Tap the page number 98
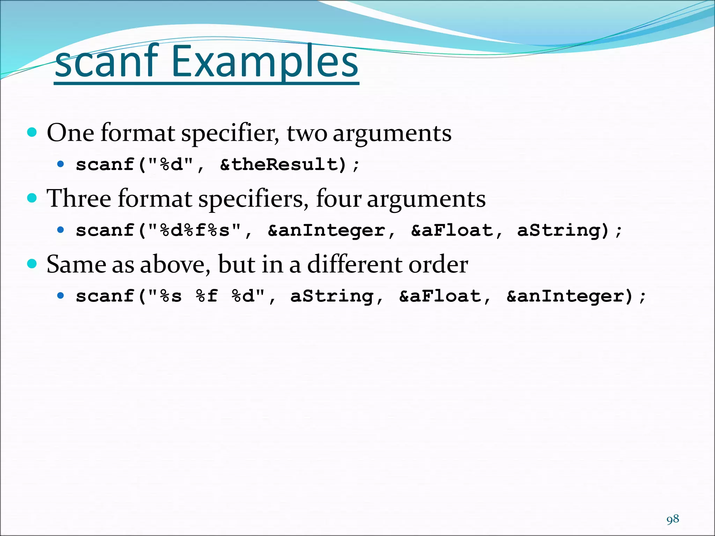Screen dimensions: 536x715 [673, 519]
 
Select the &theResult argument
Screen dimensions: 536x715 [283, 164]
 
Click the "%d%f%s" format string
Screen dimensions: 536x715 [194, 230]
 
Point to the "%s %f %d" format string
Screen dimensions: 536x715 [206, 296]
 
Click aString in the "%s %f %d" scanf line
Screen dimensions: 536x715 [332, 296]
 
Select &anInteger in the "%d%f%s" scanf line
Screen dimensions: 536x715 [326, 230]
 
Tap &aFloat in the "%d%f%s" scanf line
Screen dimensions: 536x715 [452, 230]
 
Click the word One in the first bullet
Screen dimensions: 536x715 [70, 133]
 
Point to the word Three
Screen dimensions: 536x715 [79, 199]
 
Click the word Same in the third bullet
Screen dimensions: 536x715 [76, 264]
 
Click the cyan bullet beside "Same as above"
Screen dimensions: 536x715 [32, 263]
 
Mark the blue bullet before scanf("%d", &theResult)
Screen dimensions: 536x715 [61, 164]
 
